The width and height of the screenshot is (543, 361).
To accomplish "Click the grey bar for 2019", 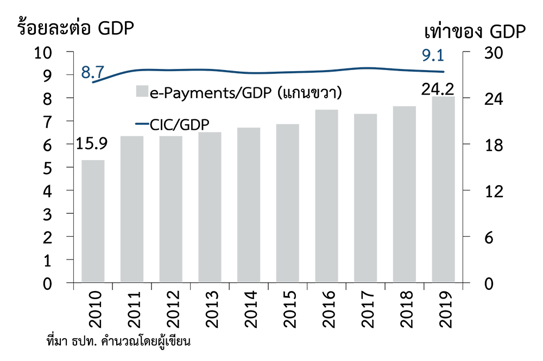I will pos(443,190).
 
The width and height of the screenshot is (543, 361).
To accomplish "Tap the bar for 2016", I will pos(326,197).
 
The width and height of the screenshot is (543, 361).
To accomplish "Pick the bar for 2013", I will pos(209,208).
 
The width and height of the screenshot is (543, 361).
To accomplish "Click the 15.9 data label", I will pos(92,144).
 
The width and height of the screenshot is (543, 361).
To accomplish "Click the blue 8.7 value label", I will pos(92,71).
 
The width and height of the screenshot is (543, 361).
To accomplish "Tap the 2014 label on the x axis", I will pos(248,309).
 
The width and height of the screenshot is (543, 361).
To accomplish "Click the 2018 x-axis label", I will pos(405,309).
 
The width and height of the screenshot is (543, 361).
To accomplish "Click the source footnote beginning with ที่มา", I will pos(121,343).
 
